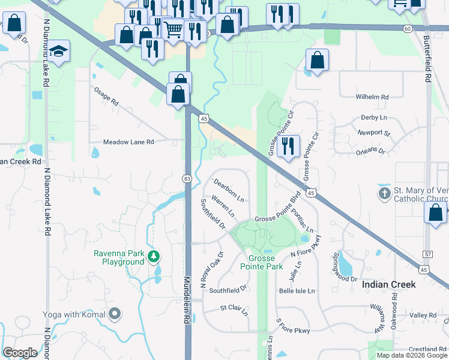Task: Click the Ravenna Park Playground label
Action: pyautogui.click(x=119, y=257)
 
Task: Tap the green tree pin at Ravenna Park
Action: pyautogui.click(x=154, y=257)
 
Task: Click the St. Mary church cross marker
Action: pyautogui.click(x=384, y=194)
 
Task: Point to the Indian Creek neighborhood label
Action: pyautogui.click(x=389, y=284)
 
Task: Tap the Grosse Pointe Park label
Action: pyautogui.click(x=261, y=262)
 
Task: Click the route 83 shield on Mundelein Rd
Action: pyautogui.click(x=187, y=179)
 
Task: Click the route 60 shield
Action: pyautogui.click(x=408, y=28)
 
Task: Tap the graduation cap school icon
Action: pyautogui.click(x=59, y=52)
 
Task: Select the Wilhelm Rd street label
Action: pyautogui.click(x=372, y=97)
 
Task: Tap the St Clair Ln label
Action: pyautogui.click(x=234, y=308)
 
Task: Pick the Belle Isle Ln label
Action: pyautogui.click(x=297, y=291)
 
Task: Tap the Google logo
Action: pyautogui.click(x=20, y=352)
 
